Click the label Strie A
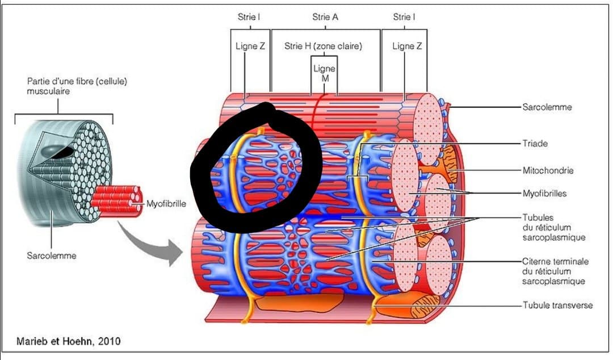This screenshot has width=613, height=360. click(325, 17)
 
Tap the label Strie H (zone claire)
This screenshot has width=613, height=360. click(323, 46)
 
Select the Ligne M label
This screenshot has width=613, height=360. click(325, 74)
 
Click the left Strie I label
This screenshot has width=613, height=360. click(249, 17)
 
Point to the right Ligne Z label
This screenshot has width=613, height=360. click(407, 46)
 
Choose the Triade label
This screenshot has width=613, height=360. click(535, 144)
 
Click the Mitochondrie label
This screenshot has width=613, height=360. click(548, 170)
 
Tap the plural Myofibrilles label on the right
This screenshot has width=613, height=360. click(544, 193)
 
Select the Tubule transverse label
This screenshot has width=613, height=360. click(557, 305)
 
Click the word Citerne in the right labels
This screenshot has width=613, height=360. click(536, 261)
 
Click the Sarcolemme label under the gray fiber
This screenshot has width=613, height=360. click(52, 256)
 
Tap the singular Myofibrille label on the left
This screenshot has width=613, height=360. click(166, 203)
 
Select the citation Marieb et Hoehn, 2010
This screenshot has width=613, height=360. click(68, 341)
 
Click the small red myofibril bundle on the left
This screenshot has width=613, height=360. click(116, 201)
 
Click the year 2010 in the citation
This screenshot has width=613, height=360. click(109, 341)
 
